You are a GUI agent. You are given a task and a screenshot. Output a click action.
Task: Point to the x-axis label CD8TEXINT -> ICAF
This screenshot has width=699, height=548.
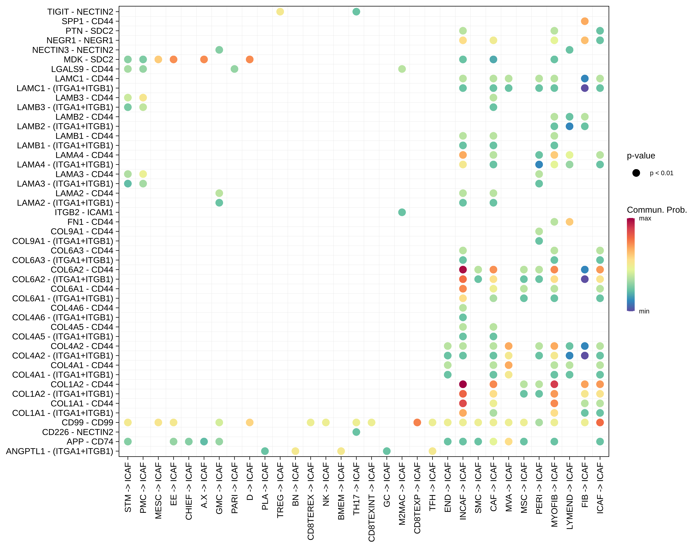[x=371, y=502]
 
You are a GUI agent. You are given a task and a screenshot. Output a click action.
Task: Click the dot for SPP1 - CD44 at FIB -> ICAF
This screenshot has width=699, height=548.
[x=585, y=21]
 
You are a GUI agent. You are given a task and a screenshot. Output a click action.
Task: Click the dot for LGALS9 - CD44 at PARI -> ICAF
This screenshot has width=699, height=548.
[x=234, y=69]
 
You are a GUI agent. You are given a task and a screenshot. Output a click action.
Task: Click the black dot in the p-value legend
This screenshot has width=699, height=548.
[x=636, y=173]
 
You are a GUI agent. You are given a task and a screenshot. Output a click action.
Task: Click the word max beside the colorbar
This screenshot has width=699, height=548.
[x=645, y=218]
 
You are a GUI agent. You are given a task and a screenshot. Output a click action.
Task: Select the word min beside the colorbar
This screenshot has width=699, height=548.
[x=644, y=311]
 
